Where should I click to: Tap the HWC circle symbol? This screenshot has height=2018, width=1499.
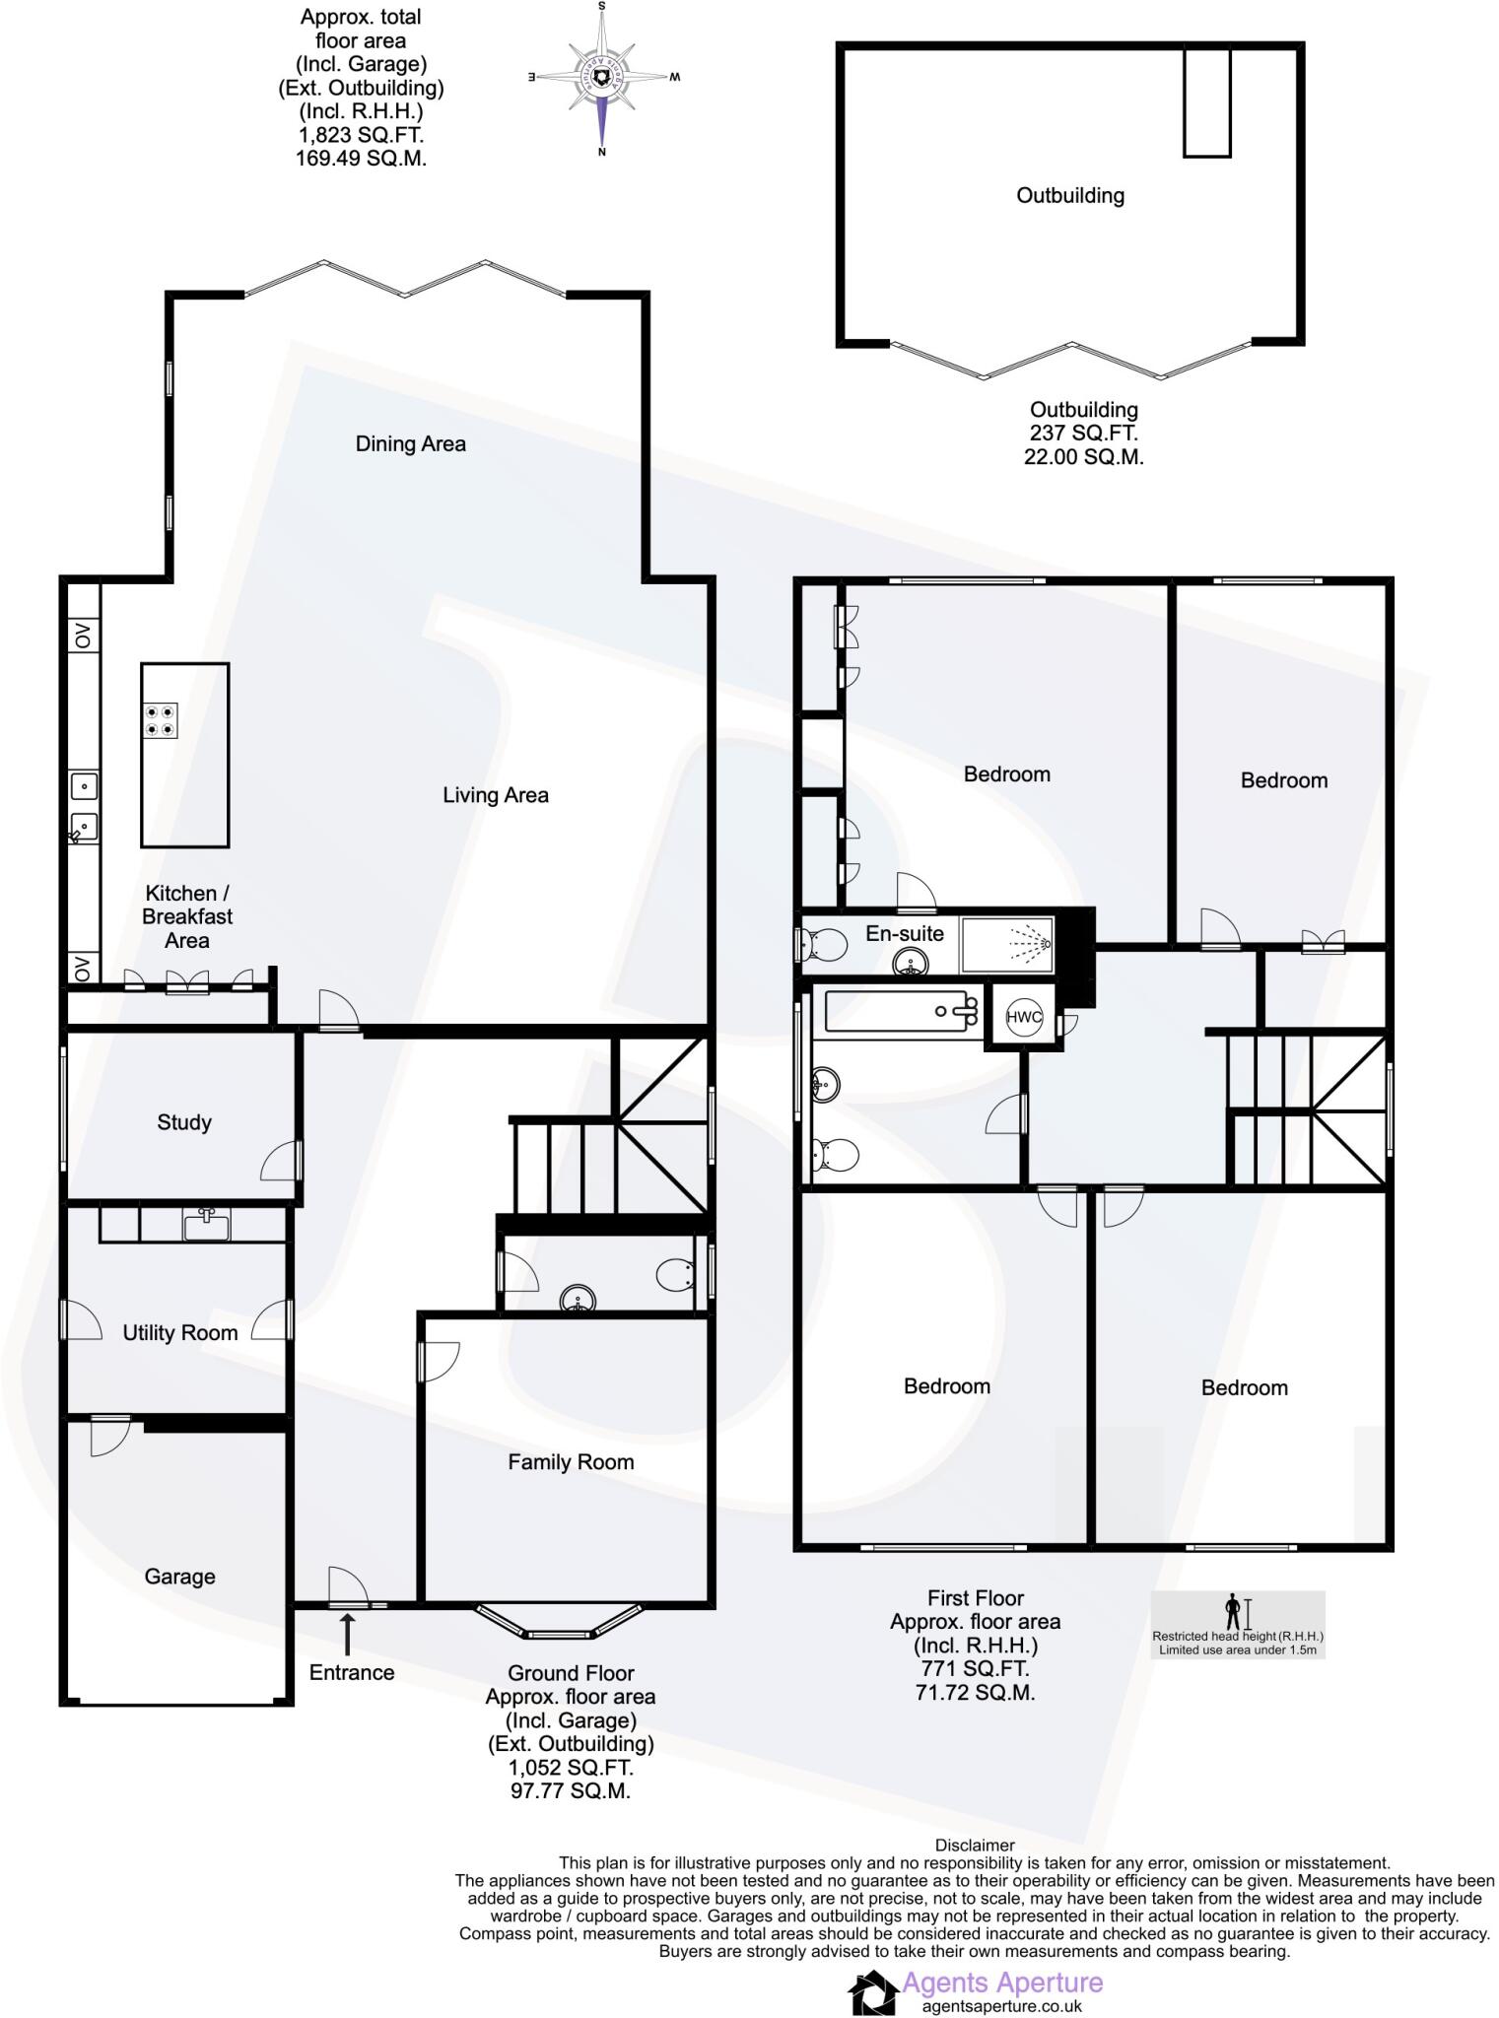1024,1018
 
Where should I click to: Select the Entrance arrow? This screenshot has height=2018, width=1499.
347,1634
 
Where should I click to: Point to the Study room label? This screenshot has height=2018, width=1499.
184,1122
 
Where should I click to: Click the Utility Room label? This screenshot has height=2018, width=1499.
180,1333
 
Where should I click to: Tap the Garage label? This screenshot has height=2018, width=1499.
179,1577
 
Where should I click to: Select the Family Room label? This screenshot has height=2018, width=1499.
571,1462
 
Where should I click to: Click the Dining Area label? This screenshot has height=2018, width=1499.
410,444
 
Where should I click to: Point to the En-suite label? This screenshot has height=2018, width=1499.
904,933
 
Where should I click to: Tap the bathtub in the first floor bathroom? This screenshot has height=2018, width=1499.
899,1012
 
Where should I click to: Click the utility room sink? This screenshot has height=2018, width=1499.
207,1225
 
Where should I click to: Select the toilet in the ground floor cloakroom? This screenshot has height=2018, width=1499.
675,1275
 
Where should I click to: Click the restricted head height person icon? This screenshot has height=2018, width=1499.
1232,1612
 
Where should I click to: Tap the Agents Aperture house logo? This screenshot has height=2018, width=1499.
873,1992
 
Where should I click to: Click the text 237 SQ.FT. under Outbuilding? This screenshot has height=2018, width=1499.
1083,433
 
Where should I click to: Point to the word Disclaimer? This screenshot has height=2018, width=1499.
974,1846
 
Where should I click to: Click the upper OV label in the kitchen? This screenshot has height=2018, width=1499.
83,636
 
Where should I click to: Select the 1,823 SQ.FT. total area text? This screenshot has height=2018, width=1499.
361,135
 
